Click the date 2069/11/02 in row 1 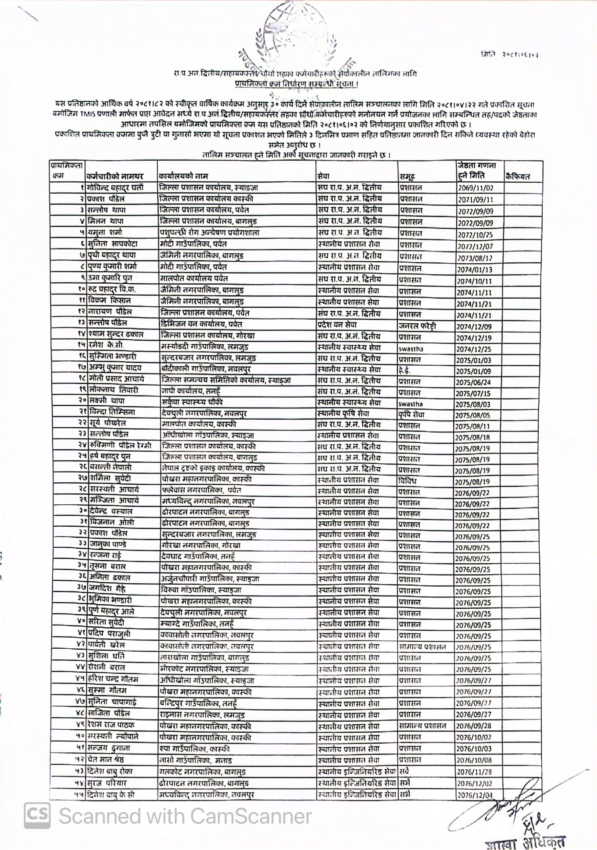pyautogui.click(x=476, y=188)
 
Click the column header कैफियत pyautogui.click(x=517, y=176)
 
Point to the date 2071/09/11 pyautogui.click(x=476, y=199)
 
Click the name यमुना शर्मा pyautogui.click(x=105, y=233)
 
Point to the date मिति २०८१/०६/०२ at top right pyautogui.click(x=510, y=55)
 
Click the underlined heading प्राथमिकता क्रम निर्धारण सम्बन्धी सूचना pyautogui.click(x=297, y=84)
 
